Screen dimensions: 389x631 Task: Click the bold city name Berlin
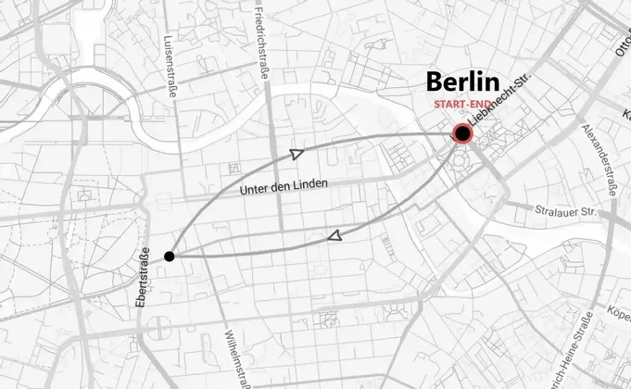point(462,82)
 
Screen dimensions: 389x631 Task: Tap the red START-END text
point(461,105)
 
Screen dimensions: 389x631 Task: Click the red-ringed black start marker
point(462,135)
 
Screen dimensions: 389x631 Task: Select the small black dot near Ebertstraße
point(170,256)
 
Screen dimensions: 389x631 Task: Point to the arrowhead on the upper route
point(297,154)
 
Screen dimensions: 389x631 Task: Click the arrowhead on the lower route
point(335,237)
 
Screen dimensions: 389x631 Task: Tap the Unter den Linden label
point(284,187)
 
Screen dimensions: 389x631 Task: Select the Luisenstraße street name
point(169,68)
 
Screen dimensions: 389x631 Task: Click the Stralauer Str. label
point(562,211)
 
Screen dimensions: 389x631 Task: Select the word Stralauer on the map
point(554,211)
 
